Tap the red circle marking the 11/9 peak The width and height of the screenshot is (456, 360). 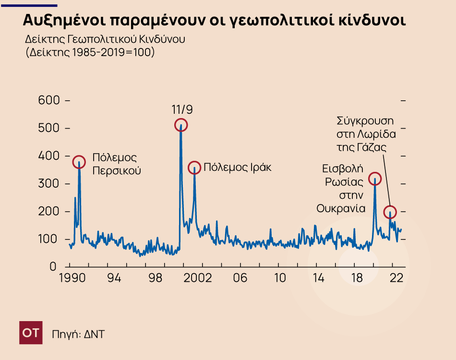pos(181,125)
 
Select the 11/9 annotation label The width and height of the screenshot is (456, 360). pos(182,110)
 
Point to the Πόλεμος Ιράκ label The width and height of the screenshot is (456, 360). pos(238,168)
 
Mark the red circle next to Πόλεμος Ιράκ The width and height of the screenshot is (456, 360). pos(194,168)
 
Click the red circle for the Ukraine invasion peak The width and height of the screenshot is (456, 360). pos(374,179)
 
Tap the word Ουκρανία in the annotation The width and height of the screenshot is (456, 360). pos(341,208)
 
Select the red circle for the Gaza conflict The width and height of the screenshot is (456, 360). pos(390,212)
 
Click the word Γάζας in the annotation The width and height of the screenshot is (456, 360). pos(374,147)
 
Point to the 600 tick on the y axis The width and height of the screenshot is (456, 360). pos(49,101)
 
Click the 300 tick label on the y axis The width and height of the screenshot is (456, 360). pos(49,184)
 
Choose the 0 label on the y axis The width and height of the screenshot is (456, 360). pos(54,267)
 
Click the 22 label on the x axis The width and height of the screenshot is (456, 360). pos(396,279)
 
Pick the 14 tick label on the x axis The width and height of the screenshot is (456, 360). pos(318,279)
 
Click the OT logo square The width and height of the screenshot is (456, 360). pos(31,333)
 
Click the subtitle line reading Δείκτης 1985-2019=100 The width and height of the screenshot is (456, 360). pos(90,52)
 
